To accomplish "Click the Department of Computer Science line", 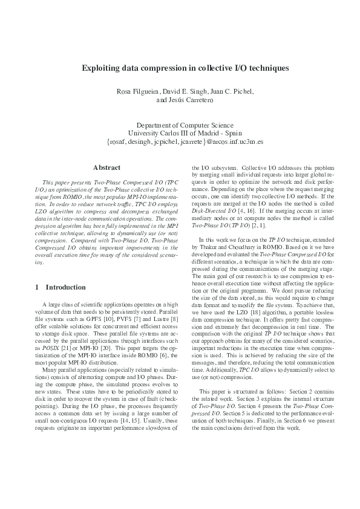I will [x=180, y=125].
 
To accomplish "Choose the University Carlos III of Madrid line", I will [x=180, y=133].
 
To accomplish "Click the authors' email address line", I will [x=180, y=142].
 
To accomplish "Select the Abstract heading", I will [x=106, y=167].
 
